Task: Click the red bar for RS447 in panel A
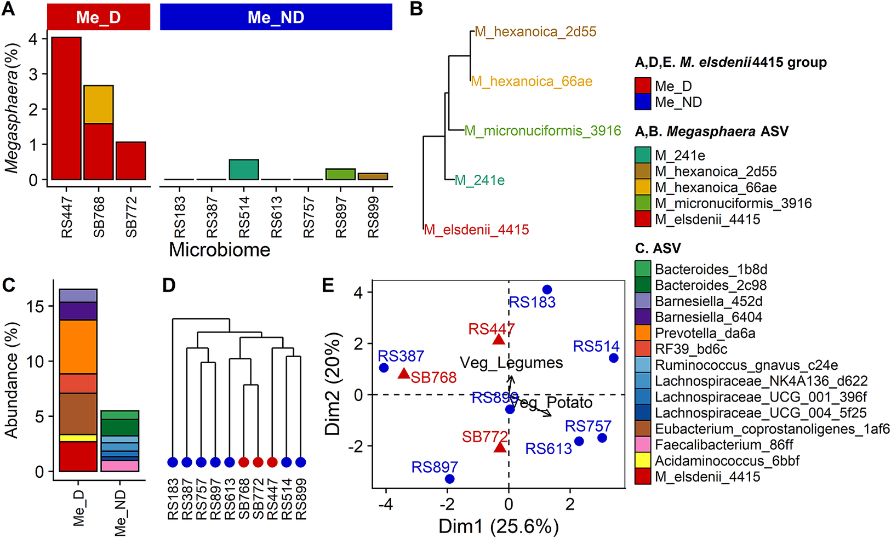click(x=66, y=108)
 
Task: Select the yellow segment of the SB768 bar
click(x=99, y=105)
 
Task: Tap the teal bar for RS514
click(x=244, y=169)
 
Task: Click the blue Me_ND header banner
click(x=276, y=17)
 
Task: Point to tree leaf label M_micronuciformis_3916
click(x=542, y=131)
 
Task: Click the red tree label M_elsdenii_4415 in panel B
click(x=476, y=230)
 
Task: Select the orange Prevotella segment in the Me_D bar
click(x=78, y=347)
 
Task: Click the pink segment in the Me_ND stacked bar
click(x=120, y=466)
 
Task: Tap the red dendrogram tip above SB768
click(x=244, y=462)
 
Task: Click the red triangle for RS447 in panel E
click(x=499, y=340)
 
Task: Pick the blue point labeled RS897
click(x=450, y=479)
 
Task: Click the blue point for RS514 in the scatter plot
click(x=614, y=358)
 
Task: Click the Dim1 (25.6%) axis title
click(x=498, y=526)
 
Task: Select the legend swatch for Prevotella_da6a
click(x=643, y=333)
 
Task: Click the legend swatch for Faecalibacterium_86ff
click(x=643, y=444)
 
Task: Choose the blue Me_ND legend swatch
click(x=643, y=102)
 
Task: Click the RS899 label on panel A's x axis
click(x=373, y=217)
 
